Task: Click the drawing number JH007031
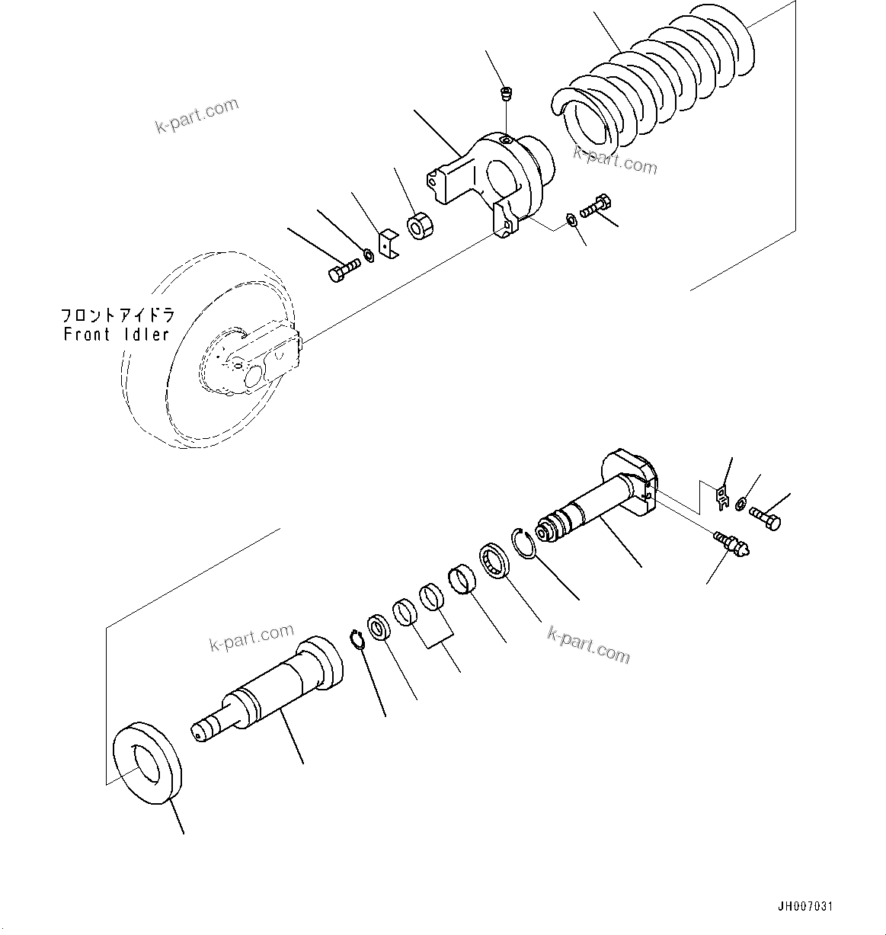click(805, 907)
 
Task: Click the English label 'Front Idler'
click(116, 335)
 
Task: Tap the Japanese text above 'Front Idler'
click(117, 315)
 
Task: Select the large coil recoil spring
click(655, 84)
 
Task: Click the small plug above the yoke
click(504, 94)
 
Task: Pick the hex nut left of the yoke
click(419, 227)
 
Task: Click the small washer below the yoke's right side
click(571, 221)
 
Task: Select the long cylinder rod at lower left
click(267, 686)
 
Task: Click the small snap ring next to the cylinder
click(357, 639)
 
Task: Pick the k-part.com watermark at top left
click(197, 115)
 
